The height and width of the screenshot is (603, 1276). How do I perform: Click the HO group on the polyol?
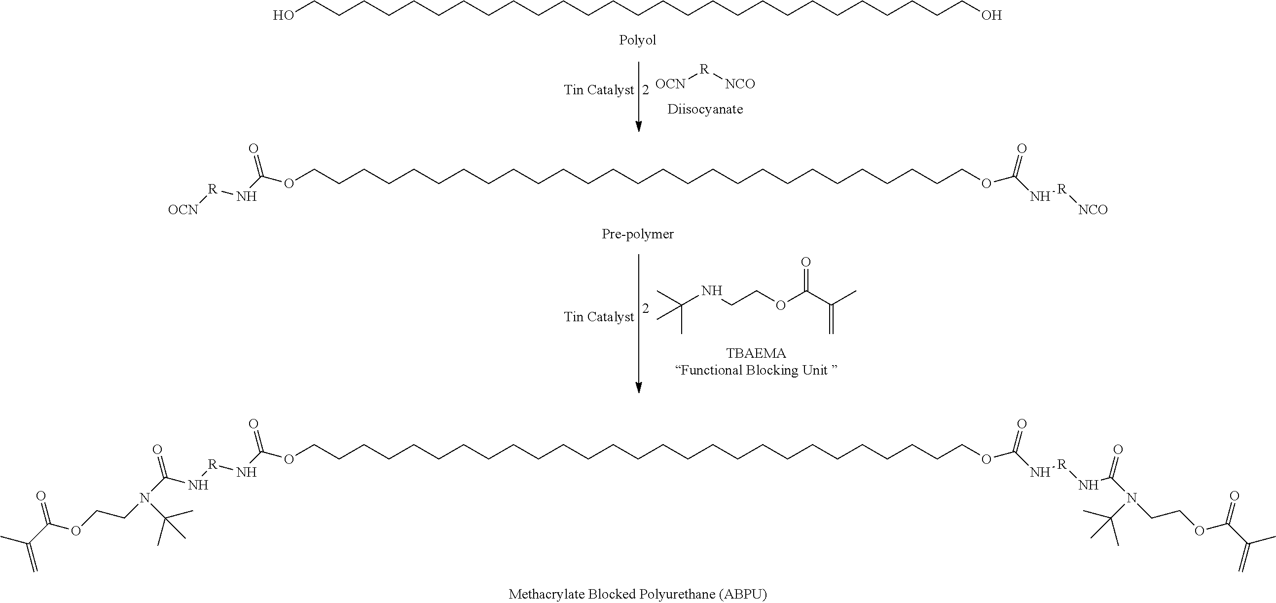pos(284,16)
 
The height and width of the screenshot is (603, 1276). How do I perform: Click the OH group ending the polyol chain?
pos(991,16)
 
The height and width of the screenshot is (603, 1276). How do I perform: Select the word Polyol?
pos(637,40)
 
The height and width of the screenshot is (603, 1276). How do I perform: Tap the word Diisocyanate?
pos(705,109)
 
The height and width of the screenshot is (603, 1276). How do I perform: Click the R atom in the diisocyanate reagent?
pos(704,69)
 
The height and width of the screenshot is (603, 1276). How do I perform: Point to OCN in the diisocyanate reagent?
pos(670,84)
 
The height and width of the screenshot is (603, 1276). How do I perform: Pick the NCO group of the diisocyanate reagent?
pos(740,84)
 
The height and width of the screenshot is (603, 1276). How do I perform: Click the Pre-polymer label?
pos(637,234)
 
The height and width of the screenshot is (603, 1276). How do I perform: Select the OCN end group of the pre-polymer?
pos(183,210)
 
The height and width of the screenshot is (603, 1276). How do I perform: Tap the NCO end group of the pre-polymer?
pos(1093,210)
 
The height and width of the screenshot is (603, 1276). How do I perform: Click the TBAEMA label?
pos(756,353)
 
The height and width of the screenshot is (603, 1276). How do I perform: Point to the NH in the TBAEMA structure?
pos(712,291)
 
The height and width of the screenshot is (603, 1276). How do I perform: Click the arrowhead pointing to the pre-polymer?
pos(639,126)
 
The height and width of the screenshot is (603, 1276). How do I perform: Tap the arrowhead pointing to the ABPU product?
pos(639,387)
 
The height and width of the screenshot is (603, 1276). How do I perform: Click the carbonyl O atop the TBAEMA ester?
pos(806,262)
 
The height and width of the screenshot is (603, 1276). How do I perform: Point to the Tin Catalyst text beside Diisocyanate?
pos(599,90)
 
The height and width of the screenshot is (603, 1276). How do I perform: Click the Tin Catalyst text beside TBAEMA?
pos(599,317)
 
